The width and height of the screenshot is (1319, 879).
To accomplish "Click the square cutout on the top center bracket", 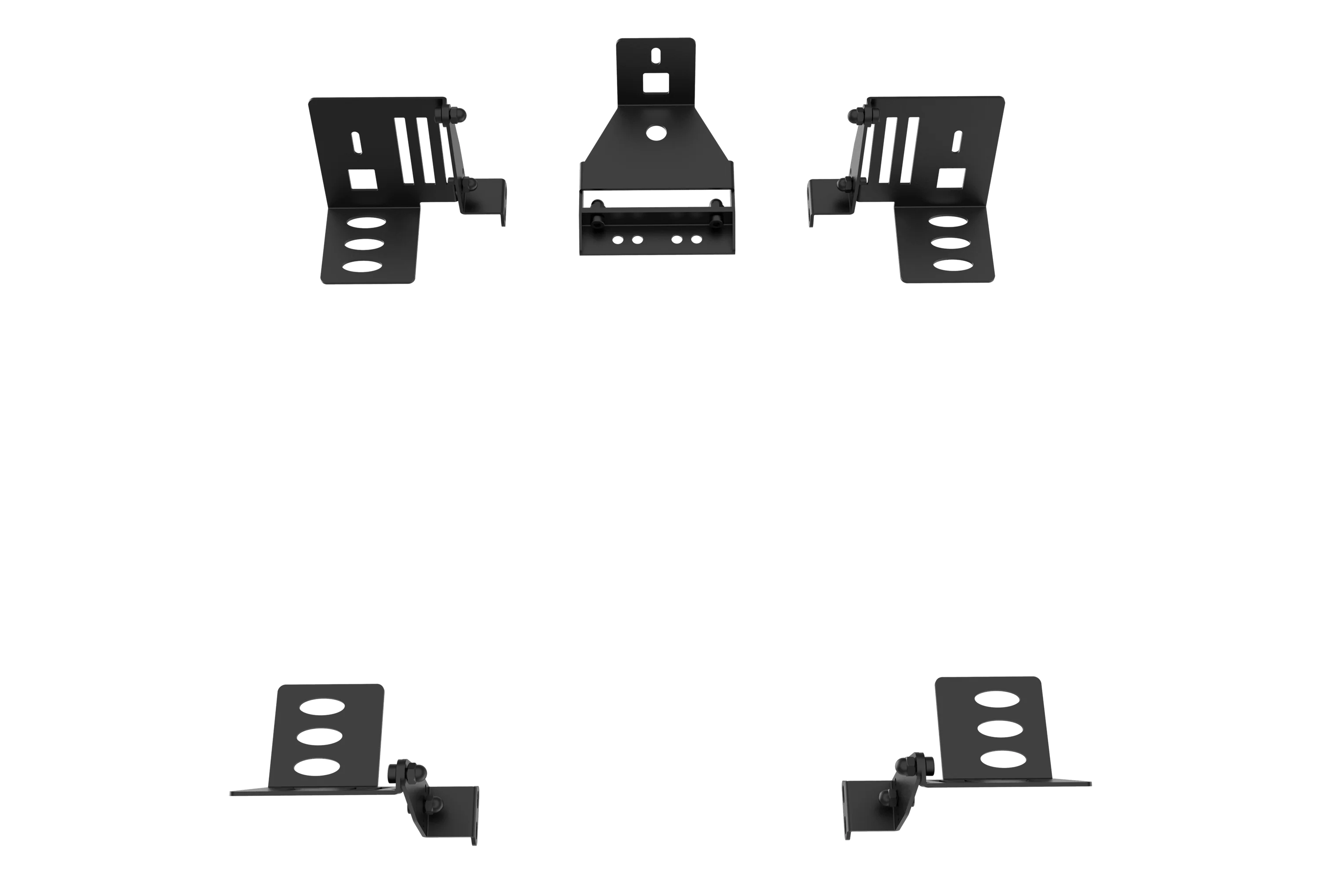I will [655, 85].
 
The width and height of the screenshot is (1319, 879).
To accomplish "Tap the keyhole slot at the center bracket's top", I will [655, 57].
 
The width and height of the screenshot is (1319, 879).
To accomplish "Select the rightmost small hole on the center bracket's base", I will [696, 239].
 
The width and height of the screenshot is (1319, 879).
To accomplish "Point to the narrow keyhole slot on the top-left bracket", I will [356, 144].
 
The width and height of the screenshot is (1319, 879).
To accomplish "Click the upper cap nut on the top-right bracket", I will [855, 116].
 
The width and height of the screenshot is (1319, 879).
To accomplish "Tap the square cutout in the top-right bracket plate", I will [952, 179].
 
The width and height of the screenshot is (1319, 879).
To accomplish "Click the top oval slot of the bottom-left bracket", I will [322, 706].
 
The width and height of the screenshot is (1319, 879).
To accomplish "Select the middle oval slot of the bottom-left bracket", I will [319, 735].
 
